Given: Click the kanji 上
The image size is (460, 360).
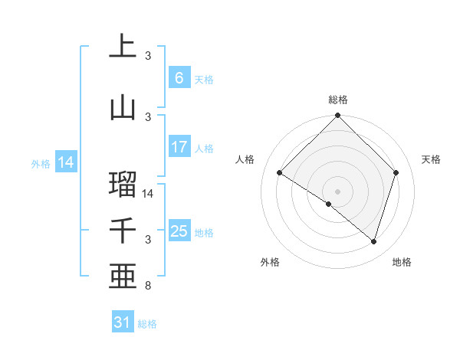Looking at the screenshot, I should click(123, 46).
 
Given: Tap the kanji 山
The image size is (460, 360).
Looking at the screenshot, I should click(123, 108).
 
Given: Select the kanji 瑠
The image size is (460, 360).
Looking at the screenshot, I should click(123, 184).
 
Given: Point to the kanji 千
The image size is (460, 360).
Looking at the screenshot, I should click(123, 230).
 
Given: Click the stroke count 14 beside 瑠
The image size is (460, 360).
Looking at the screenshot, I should click(149, 194).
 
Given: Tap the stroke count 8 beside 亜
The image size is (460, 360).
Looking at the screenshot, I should click(148, 286).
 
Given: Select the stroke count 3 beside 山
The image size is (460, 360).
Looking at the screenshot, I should click(148, 116).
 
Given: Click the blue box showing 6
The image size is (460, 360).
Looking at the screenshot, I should click(179, 78).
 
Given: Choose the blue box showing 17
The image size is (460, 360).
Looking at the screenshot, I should click(179, 147).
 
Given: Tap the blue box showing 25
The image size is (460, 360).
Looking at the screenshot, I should click(179, 231).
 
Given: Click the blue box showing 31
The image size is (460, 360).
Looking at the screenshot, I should click(123, 322).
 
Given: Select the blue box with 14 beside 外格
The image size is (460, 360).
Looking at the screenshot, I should click(66, 162).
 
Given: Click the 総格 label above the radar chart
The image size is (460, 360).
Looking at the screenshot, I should click(338, 100).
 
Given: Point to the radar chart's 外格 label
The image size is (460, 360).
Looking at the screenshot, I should click(270, 262).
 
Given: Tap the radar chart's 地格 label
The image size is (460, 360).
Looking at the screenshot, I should click(402, 262).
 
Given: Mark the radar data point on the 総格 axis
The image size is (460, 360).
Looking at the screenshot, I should click(338, 116).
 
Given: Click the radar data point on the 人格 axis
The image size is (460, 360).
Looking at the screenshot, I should click(280, 173).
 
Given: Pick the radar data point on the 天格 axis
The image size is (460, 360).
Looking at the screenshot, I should click(396, 172).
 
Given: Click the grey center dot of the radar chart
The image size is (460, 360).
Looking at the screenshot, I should click(338, 191).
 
